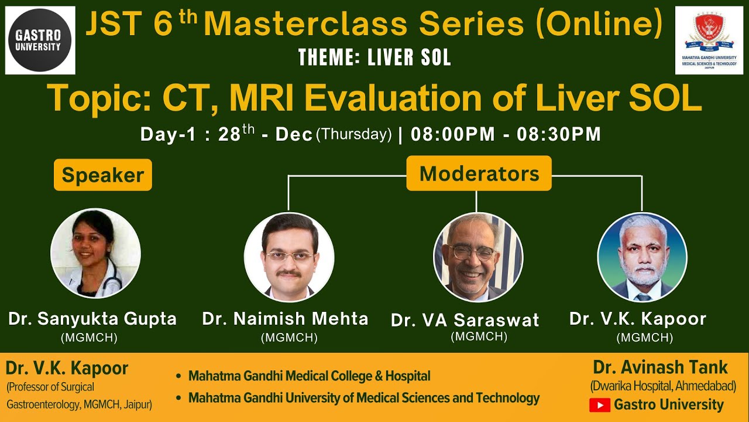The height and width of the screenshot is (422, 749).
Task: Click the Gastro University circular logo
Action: [40, 40]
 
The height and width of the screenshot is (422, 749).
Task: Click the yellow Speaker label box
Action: [103, 175]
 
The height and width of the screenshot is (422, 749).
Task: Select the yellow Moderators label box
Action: [479, 173]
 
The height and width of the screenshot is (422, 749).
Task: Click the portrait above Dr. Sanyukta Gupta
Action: [95, 254]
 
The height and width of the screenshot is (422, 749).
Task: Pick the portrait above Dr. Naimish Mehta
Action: [289, 257]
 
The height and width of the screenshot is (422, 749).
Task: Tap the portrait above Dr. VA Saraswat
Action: [477, 257]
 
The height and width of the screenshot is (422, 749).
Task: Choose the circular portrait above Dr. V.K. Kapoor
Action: [642, 257]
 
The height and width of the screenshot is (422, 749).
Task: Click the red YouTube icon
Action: [599, 405]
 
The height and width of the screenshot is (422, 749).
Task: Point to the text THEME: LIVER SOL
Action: [374, 57]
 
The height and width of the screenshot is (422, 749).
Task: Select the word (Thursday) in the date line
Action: [353, 134]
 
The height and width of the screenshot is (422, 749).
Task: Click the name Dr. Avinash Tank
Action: [660, 367]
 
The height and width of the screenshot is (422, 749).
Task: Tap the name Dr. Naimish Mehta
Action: [285, 319]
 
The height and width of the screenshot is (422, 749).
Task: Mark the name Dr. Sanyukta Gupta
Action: [92, 319]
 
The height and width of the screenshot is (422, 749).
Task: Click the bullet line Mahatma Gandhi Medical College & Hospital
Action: [309, 376]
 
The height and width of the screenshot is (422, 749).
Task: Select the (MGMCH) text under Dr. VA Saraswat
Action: [478, 336]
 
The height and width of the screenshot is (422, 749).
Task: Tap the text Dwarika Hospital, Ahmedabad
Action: [662, 387]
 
